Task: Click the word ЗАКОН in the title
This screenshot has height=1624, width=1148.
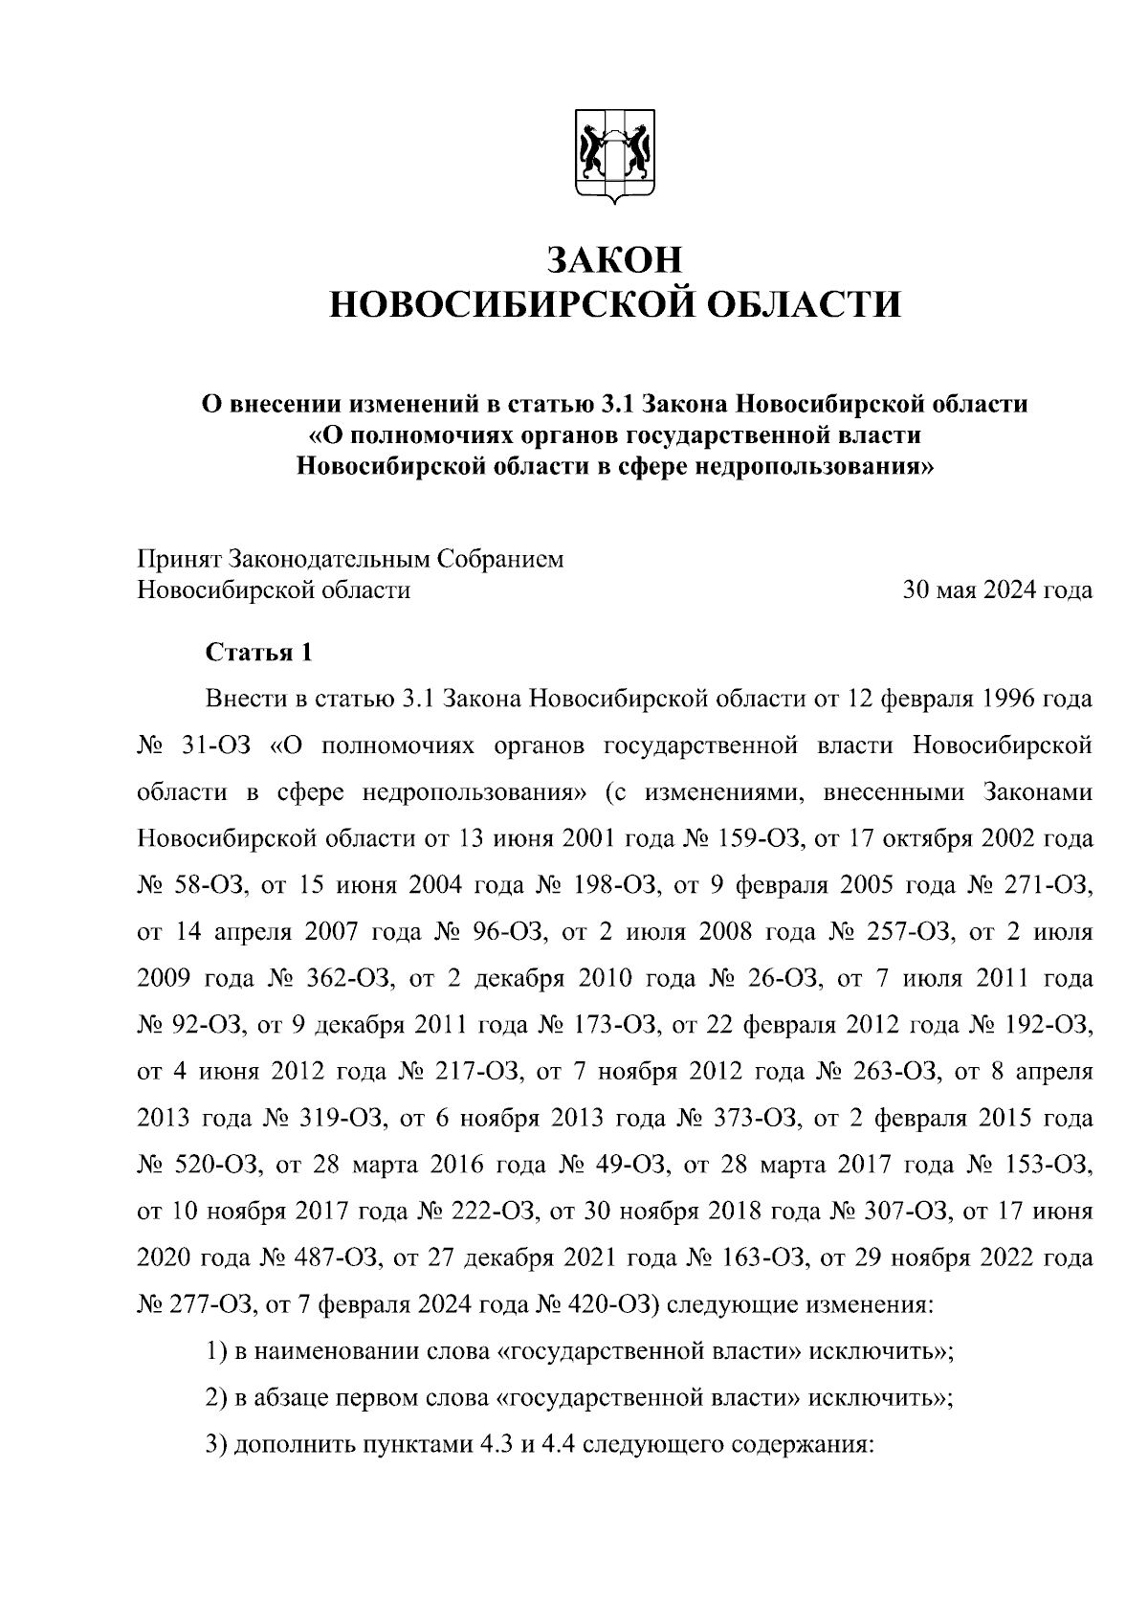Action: (614, 259)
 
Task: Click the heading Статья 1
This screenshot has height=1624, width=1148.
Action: (259, 653)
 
